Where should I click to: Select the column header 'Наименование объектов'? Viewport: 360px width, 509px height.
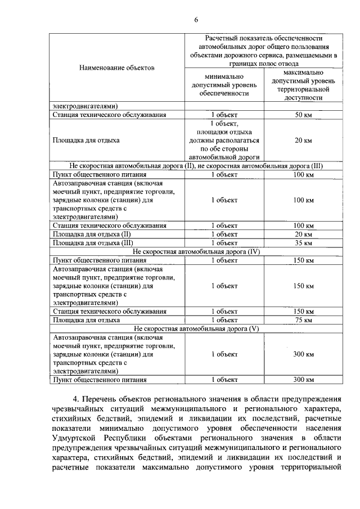[116, 67]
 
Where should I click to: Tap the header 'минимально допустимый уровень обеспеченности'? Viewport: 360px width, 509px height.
[224, 85]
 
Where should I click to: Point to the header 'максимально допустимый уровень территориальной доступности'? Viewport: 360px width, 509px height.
[303, 85]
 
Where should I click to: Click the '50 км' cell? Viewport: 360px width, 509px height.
[303, 115]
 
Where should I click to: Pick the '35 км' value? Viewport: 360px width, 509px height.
[303, 243]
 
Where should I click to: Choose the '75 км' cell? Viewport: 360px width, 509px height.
[303, 320]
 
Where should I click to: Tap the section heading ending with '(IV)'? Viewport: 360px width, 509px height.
[196, 251]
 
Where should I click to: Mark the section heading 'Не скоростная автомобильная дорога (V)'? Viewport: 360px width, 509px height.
[196, 328]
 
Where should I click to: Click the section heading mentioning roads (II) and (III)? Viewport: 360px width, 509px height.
[196, 166]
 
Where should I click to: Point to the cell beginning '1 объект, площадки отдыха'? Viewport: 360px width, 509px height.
[224, 140]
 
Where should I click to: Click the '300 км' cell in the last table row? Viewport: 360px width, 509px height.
[303, 380]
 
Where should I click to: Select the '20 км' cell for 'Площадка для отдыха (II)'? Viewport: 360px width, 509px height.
[303, 235]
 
